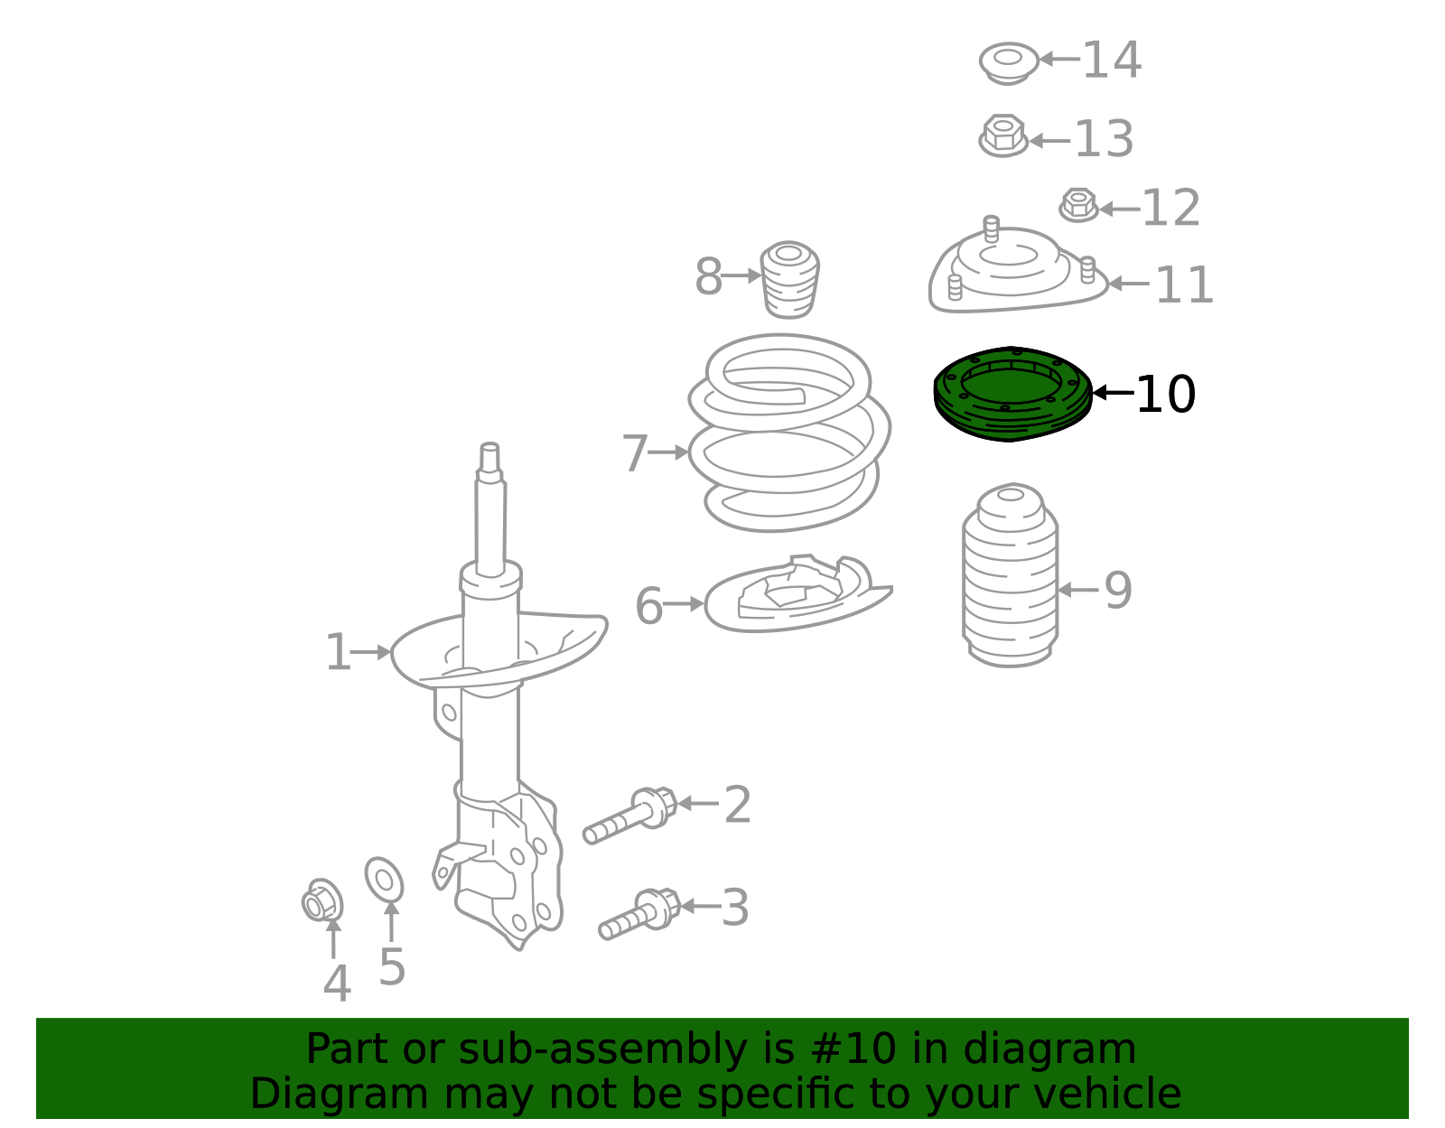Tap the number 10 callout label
pos(1165,395)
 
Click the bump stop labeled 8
pos(790,280)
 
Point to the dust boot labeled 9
pos(1010,578)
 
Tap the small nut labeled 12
pos(1078,205)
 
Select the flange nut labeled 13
pos(1002,137)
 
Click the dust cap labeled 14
pos(1008,62)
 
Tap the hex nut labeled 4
pos(322,901)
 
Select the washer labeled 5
pos(384,880)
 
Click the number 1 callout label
pos(337,652)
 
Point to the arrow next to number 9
pos(1077,590)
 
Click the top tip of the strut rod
pos(489,448)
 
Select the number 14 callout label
pos(1111,61)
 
